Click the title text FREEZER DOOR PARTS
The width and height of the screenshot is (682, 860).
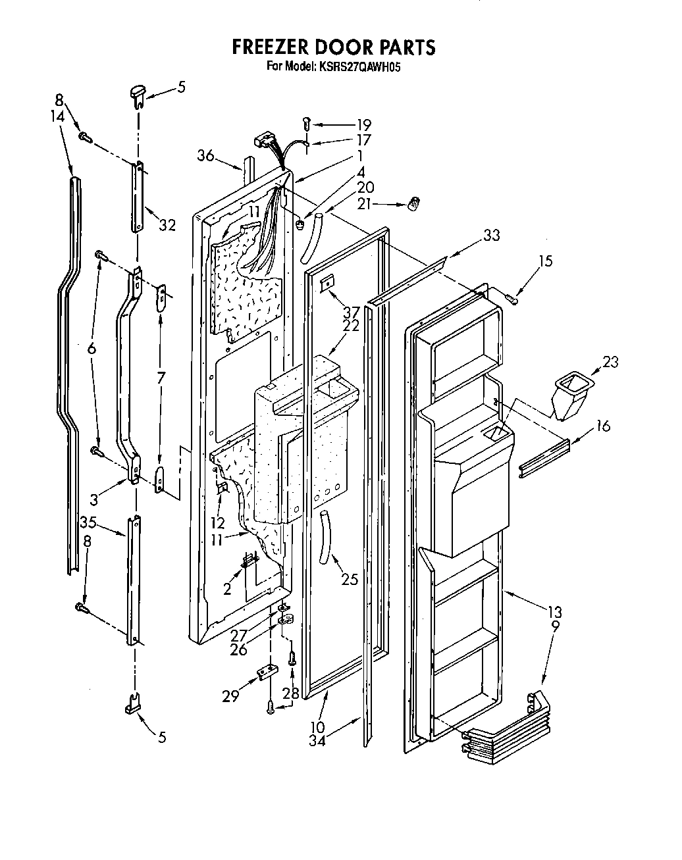pyautogui.click(x=333, y=47)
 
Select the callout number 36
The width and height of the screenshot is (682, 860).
pyautogui.click(x=206, y=155)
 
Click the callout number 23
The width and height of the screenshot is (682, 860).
pyautogui.click(x=610, y=361)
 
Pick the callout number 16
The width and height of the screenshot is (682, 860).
pyautogui.click(x=602, y=426)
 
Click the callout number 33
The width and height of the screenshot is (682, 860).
pyautogui.click(x=490, y=235)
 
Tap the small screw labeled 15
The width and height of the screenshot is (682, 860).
pyautogui.click(x=512, y=299)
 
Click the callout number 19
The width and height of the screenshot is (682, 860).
pyautogui.click(x=363, y=124)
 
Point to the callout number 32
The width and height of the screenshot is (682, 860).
pyautogui.click(x=167, y=225)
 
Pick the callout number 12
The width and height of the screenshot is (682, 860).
pyautogui.click(x=218, y=523)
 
